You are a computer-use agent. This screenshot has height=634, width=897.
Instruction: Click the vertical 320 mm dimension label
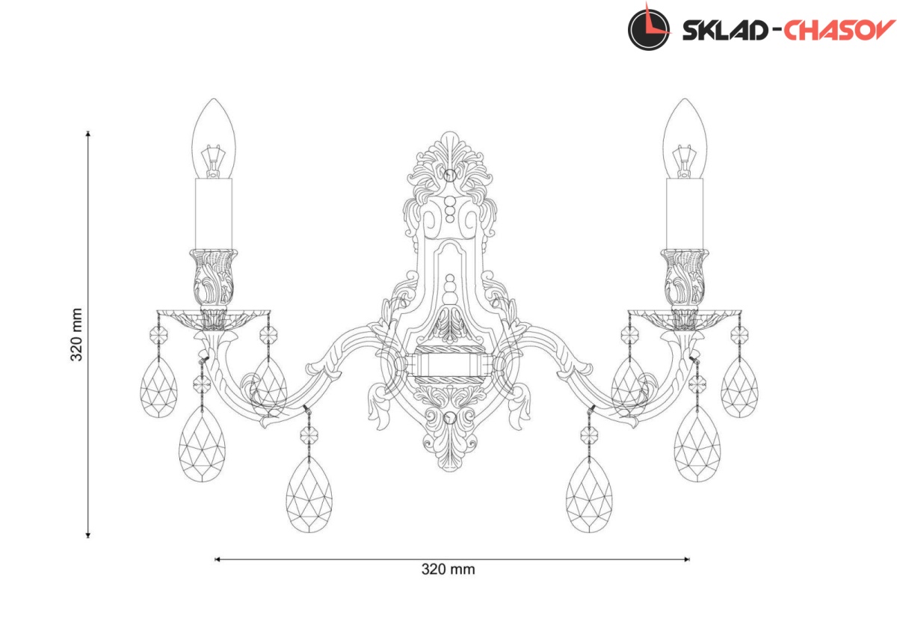pos(76,334)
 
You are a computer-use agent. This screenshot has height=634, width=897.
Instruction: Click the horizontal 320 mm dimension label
pos(448,569)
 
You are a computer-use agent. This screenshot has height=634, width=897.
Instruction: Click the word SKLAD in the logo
pos(725,31)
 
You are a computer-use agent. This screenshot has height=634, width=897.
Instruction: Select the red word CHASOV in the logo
pos(839,30)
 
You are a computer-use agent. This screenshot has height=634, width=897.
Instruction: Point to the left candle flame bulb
pos(214,138)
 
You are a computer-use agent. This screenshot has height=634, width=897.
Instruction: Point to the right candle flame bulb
pos(685,138)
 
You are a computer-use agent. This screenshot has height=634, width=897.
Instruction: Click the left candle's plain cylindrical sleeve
pos(214,214)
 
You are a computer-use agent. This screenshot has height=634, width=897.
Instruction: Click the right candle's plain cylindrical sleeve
pos(685,214)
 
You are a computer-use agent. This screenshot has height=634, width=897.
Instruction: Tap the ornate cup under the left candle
pos(214,278)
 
